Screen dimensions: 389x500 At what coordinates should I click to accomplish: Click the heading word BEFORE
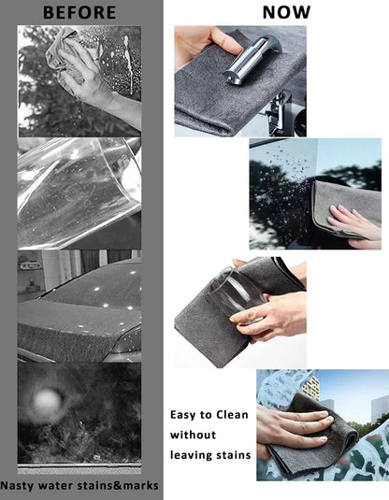(79, 13)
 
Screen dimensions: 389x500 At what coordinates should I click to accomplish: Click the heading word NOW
(286, 13)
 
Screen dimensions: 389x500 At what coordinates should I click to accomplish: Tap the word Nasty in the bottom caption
(17, 486)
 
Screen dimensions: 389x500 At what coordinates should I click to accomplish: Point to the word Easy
(183, 415)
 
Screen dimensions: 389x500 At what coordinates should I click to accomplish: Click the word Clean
(232, 415)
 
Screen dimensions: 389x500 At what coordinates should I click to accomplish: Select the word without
(193, 435)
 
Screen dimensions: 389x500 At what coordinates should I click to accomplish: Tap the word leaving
(190, 455)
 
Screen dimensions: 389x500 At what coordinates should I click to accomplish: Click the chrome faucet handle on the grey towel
(252, 61)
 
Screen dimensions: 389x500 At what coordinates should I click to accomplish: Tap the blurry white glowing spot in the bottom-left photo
(47, 403)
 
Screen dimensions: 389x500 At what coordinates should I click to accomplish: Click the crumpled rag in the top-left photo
(62, 48)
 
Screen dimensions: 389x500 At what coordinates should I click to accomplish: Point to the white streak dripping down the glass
(129, 64)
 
